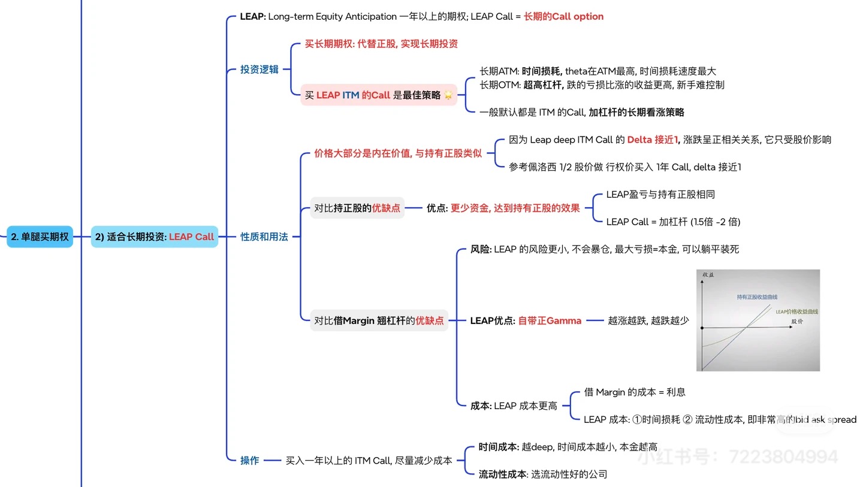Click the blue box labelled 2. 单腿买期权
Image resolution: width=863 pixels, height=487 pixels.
[40, 237]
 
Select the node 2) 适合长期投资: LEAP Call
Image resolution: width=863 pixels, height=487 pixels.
[154, 237]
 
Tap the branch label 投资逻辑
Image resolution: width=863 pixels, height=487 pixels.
[259, 69]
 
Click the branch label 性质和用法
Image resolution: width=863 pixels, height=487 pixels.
[264, 237]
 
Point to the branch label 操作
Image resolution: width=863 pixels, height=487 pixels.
[249, 460]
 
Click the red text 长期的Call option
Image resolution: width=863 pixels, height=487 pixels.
[563, 17]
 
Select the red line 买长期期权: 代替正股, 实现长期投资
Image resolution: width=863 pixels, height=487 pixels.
[381, 44]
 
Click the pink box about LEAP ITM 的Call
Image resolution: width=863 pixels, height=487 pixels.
[378, 95]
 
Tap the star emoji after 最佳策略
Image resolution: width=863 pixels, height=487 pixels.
[448, 96]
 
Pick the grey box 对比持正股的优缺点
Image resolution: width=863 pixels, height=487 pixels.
[357, 208]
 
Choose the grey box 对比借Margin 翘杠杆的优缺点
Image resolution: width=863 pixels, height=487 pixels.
[379, 320]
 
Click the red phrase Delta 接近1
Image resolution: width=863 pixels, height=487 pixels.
[653, 140]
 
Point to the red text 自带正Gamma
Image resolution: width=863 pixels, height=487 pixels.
[550, 320]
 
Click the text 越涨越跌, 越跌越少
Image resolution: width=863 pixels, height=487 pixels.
[648, 320]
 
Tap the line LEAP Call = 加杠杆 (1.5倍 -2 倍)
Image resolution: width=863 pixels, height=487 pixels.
[673, 222]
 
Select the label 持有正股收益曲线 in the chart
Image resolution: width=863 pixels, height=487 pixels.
[757, 297]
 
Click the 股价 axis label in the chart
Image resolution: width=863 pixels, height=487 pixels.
[796, 321]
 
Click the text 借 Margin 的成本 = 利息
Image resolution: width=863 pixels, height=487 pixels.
[635, 392]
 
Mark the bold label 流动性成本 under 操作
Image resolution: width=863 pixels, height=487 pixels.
[503, 474]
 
